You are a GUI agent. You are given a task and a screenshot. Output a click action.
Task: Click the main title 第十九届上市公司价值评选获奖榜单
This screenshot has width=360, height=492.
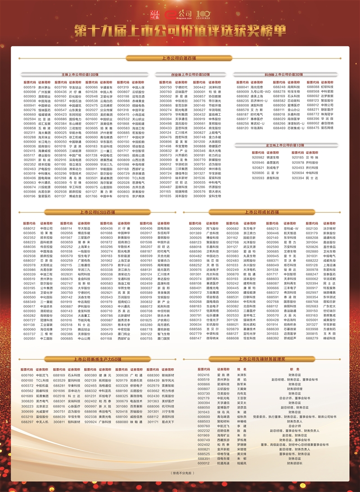(180, 30)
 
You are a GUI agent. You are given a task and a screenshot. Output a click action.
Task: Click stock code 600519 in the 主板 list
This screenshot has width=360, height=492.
(30, 87)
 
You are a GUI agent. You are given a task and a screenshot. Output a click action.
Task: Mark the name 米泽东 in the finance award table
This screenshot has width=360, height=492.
(242, 375)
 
